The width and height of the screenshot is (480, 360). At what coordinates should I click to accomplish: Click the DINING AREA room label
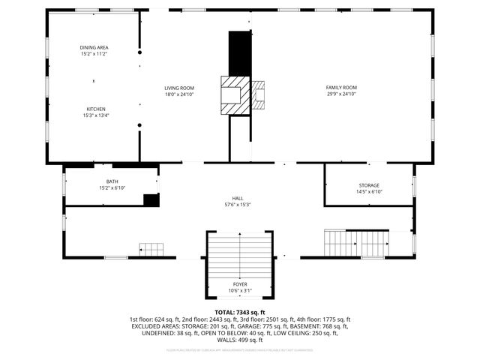pos(94,47)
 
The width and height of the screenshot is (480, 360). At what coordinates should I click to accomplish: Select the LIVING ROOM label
pos(179,88)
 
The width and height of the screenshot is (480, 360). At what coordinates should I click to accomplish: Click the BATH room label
pos(112,181)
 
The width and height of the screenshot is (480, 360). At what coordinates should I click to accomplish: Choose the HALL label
pos(237,198)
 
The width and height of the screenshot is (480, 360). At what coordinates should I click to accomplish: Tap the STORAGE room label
pos(368,185)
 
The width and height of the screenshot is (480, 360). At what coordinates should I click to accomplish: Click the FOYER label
pos(240,284)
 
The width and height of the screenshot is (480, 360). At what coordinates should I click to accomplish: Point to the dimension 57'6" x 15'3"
pos(237,204)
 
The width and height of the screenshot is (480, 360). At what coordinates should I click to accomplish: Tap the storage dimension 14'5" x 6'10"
pos(368,191)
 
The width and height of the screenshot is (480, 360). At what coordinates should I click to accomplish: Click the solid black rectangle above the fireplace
pos(239,52)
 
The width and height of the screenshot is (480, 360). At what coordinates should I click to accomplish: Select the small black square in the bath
pos(151,199)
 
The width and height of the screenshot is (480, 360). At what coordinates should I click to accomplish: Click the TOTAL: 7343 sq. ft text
pos(240,312)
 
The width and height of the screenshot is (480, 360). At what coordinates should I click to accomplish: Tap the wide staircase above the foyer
pos(239,255)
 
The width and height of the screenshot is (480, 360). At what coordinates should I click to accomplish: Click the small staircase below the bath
pos(151,249)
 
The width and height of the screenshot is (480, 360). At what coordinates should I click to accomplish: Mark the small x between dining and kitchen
pos(94,80)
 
